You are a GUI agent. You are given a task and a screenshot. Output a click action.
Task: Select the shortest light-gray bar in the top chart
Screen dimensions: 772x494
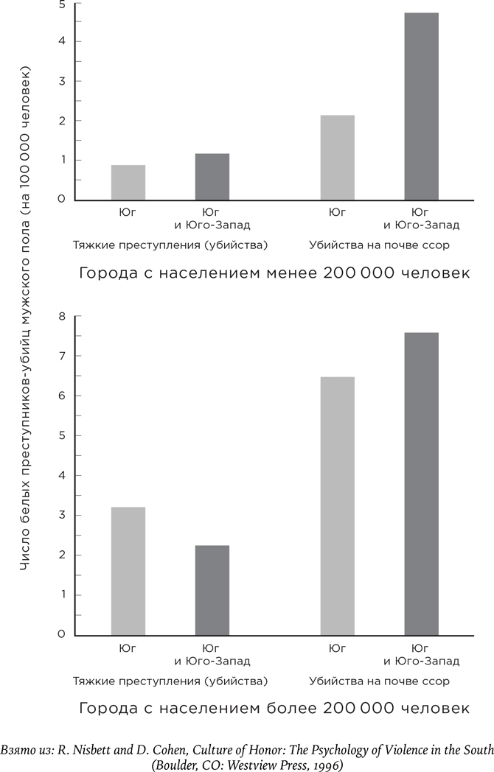[128, 182]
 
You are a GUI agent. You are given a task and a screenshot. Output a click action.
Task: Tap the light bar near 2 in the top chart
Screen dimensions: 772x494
[337, 157]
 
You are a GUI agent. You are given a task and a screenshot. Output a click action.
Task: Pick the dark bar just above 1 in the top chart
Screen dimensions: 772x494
[212, 177]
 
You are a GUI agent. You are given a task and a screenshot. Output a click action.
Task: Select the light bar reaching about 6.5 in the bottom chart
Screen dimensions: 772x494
[337, 505]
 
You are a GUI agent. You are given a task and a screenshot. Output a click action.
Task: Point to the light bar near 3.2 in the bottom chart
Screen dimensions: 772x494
[128, 570]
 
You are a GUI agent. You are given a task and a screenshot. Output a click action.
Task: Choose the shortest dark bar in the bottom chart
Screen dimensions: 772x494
[212, 589]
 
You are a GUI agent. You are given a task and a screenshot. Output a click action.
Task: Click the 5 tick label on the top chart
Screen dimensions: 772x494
[62, 4]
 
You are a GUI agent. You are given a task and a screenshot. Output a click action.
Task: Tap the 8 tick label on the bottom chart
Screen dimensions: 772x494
[62, 317]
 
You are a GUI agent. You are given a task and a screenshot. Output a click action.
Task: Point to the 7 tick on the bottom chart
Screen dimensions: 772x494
[62, 357]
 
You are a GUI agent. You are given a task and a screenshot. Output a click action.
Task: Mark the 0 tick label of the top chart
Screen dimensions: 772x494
[62, 200]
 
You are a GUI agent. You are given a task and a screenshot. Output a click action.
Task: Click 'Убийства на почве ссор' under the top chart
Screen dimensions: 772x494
[380, 244]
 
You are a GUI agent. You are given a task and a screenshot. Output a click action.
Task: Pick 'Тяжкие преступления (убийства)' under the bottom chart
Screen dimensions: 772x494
[170, 681]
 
